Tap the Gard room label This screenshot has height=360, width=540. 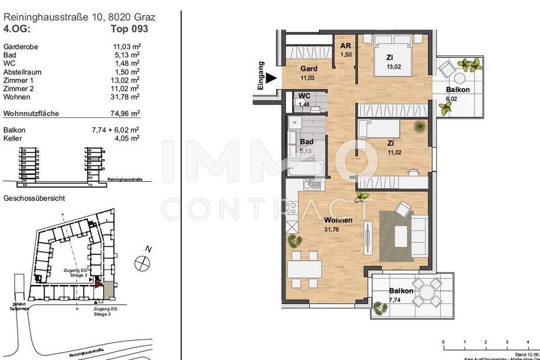[309, 68]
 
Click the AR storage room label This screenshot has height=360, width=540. [345, 46]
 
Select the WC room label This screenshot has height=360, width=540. [305, 96]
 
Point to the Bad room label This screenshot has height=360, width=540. [306, 142]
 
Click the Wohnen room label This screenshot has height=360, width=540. [338, 220]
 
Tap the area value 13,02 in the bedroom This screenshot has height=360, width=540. [394, 67]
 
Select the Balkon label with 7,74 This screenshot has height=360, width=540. [401, 291]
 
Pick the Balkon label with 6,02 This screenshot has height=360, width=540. [458, 90]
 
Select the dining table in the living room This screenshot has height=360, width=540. [305, 269]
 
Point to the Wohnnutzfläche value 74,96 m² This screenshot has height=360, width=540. [126, 113]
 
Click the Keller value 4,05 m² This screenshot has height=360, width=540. [126, 138]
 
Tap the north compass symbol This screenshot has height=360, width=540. [142, 263]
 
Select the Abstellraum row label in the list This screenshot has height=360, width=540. [23, 71]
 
